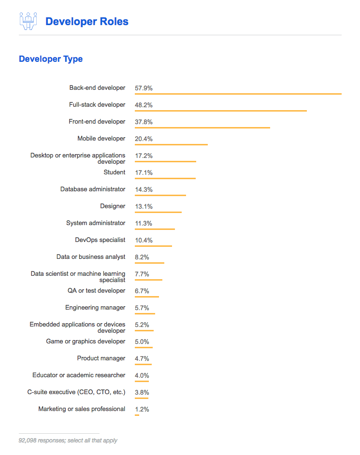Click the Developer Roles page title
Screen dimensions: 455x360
point(86,22)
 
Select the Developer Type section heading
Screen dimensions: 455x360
point(51,59)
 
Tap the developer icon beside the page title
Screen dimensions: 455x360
point(28,21)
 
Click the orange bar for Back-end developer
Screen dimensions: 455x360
point(238,94)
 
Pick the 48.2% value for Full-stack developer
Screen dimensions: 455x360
point(144,105)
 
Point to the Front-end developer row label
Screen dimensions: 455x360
point(97,122)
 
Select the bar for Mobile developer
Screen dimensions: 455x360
point(171,144)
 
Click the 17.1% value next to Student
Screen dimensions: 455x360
point(144,172)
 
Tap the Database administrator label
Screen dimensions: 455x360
point(93,189)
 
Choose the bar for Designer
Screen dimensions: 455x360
point(158,212)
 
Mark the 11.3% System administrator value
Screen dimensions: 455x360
point(144,223)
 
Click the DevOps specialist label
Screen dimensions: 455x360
point(100,240)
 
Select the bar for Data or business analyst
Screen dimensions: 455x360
point(149,263)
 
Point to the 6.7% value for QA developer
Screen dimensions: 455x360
point(142,291)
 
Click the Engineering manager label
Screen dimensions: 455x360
point(95,308)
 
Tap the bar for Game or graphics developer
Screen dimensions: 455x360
point(144,347)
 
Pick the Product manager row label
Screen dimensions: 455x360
point(101,358)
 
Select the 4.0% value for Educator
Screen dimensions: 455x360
point(142,375)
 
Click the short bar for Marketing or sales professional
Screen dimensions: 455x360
point(137,415)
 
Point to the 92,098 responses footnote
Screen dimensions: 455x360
point(68,441)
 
